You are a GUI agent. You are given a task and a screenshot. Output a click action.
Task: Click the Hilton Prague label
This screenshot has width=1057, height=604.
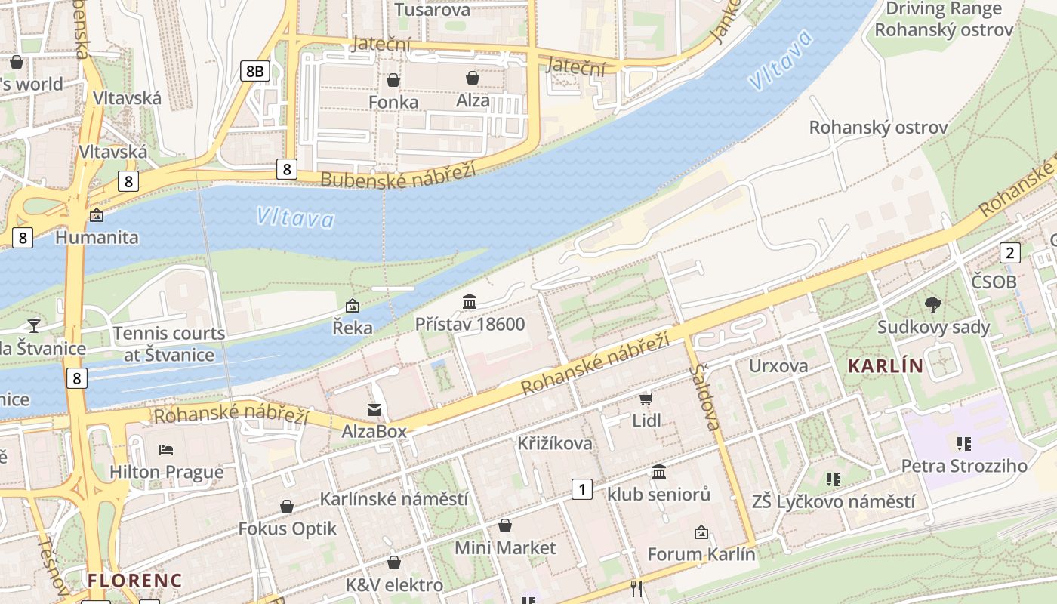tap(167, 473)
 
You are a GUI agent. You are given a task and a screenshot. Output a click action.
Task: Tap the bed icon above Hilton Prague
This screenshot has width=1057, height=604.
tap(167, 451)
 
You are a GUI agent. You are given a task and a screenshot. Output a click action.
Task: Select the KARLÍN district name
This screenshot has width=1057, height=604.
tap(886, 366)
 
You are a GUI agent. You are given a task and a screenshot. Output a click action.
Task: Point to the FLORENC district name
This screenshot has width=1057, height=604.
tap(134, 581)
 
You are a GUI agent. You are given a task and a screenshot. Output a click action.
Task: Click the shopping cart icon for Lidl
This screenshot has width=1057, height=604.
tap(646, 399)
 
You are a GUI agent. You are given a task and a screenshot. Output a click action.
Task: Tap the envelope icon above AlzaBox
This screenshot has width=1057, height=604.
tap(374, 410)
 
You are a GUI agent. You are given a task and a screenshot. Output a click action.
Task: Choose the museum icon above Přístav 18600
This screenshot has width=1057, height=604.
tap(470, 302)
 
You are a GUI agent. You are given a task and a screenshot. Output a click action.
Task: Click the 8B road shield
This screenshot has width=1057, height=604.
tap(254, 71)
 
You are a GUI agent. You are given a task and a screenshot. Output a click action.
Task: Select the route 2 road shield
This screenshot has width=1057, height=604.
tap(1009, 252)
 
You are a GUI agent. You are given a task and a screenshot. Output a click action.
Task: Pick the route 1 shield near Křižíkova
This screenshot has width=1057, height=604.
tap(581, 489)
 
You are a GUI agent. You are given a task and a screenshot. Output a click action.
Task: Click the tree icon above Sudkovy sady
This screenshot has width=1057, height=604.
tap(933, 305)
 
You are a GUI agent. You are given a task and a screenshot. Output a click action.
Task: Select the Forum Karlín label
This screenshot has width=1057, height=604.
tap(701, 554)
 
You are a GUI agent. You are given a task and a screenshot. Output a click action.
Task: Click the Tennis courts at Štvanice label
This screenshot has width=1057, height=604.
tap(169, 344)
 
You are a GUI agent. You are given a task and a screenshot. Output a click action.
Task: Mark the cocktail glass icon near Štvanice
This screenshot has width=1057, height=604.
tap(33, 325)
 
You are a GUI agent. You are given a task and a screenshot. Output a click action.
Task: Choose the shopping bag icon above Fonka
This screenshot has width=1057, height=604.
tap(393, 80)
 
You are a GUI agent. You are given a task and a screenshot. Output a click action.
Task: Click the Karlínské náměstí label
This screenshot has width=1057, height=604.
tap(394, 499)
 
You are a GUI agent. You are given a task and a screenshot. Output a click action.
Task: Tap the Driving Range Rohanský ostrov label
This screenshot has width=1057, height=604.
tap(944, 20)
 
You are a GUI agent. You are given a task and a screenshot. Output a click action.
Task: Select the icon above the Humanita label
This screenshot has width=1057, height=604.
tap(97, 216)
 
